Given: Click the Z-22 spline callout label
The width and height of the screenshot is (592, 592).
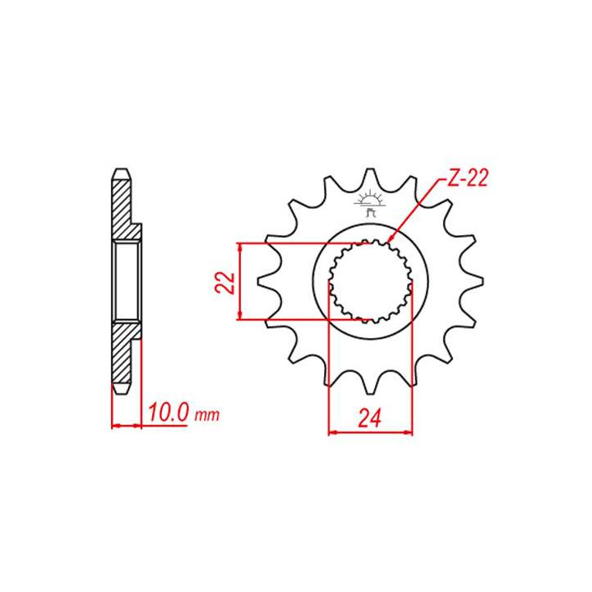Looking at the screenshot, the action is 467,178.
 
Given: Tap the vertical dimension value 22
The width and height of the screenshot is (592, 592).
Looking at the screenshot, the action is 225,282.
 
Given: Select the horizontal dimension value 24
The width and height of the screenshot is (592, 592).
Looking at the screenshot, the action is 370,418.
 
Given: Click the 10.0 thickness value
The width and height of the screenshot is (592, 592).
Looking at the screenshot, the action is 168,413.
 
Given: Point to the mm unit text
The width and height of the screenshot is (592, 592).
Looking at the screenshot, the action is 206,415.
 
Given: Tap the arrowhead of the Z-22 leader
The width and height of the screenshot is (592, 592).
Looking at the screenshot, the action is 391,238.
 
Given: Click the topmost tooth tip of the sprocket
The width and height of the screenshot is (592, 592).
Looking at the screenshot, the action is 371,170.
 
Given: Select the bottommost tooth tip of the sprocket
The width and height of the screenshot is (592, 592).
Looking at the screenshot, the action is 371,393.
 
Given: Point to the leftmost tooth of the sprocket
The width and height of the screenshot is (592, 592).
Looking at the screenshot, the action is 260,282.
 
